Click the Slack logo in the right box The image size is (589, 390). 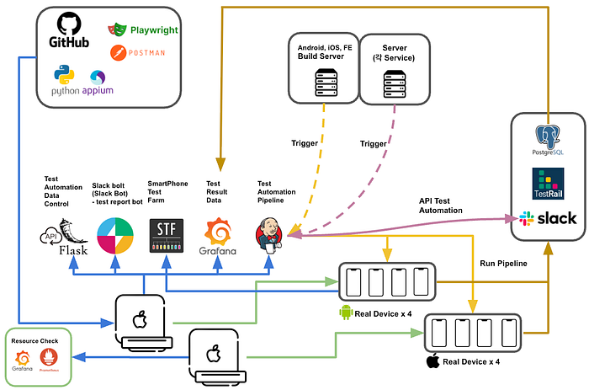click(x=548, y=217)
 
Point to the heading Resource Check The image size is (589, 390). click(x=34, y=341)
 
